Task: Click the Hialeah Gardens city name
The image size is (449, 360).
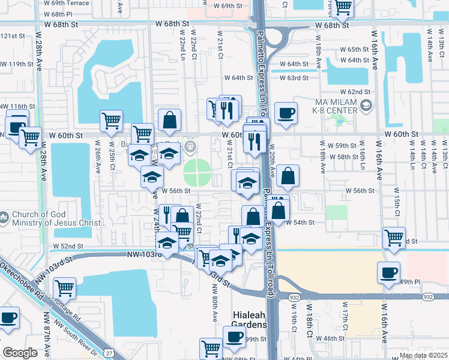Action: pos(249,320)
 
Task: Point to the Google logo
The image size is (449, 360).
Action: pos(20,353)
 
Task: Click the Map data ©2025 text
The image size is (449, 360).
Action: pos(423,355)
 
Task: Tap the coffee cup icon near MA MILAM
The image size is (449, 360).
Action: pos(286,112)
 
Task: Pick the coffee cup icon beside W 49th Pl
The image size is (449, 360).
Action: pos(388,272)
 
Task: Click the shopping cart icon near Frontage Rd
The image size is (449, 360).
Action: pos(64,287)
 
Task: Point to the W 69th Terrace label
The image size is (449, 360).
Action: pos(66,3)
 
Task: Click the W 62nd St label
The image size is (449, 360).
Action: pos(355,92)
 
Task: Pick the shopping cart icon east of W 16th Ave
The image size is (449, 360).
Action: pos(394,237)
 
